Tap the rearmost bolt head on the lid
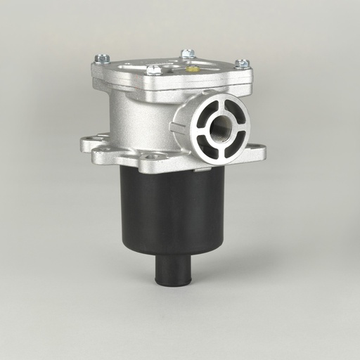[187, 53]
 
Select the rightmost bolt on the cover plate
[242, 63]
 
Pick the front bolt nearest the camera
[154, 70]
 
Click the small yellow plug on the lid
[191, 70]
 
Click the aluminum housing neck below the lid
[141, 112]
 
